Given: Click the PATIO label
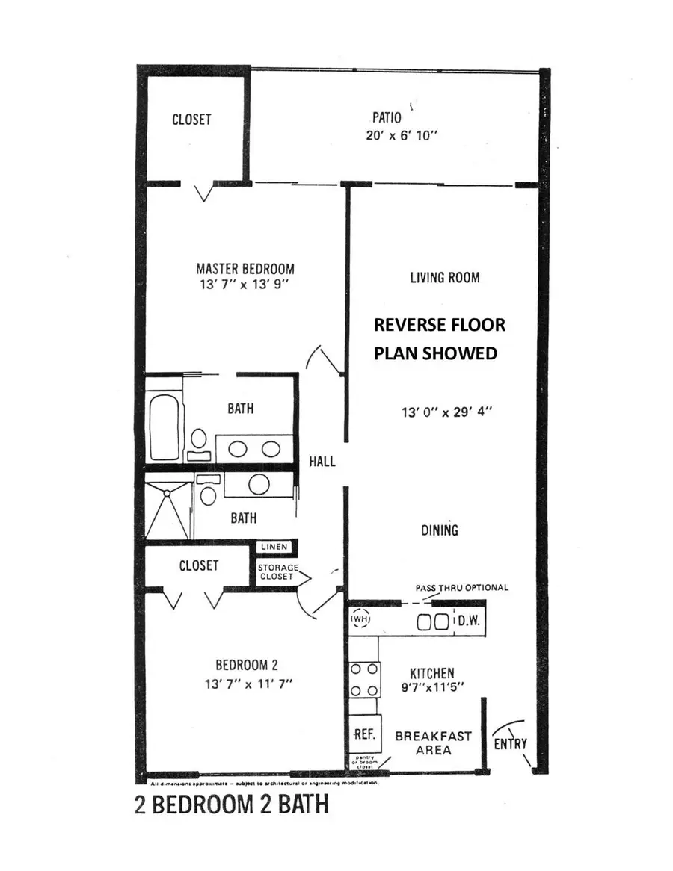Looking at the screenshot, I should tap(387, 117).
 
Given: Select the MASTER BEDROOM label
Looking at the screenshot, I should tap(245, 268).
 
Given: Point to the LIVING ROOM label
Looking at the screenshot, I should tap(444, 277).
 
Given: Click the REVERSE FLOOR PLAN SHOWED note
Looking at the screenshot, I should tap(440, 339).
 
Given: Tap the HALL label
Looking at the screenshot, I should tap(322, 462).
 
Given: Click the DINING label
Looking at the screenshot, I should tap(440, 530).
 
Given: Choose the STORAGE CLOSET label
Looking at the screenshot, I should tap(278, 572).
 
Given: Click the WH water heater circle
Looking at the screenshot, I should tap(360, 619).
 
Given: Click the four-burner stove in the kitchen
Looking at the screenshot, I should tap(364, 679).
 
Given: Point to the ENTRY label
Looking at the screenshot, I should tap(511, 744).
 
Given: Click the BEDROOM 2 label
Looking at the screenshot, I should tap(247, 665).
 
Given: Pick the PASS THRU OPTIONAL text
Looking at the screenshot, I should tap(461, 587).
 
